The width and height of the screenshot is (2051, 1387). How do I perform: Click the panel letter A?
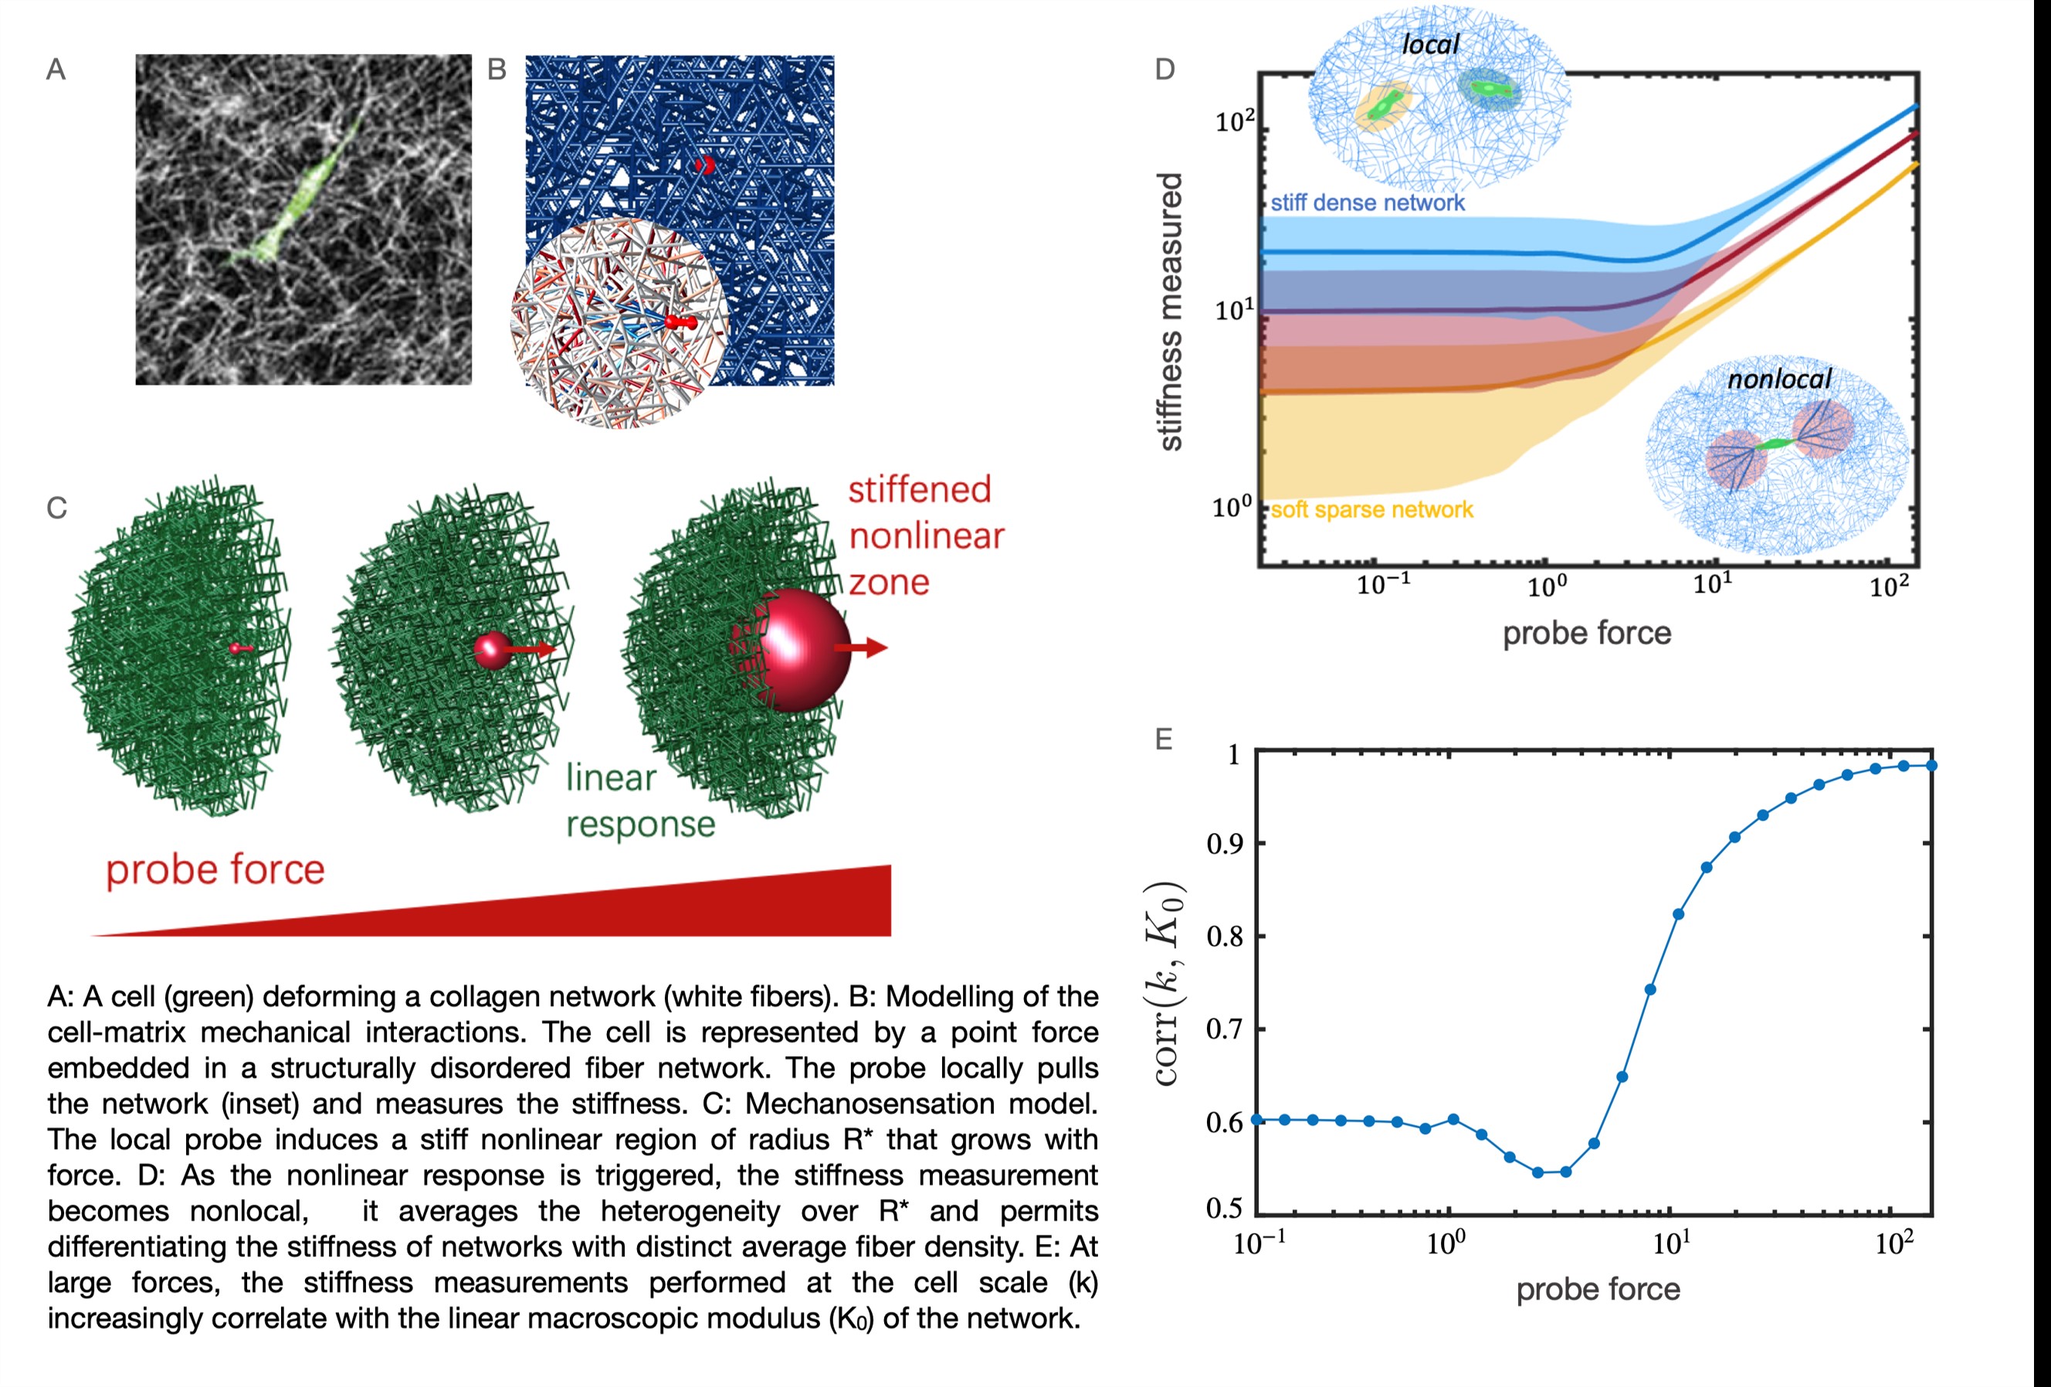pos(56,69)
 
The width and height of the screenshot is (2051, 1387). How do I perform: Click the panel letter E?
pos(1163,739)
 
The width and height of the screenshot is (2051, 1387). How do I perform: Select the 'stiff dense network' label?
pos(1367,203)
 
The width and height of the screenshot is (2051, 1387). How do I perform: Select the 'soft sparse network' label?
pos(1371,509)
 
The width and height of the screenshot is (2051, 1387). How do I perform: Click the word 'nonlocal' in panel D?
pos(1779,379)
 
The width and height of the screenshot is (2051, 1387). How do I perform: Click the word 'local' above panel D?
pos(1431,44)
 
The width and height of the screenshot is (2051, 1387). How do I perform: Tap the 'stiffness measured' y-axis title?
pos(1169,311)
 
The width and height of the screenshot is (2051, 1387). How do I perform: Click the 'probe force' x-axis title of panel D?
pos(1587,633)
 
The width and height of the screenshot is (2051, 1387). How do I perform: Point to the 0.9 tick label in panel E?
pos(1224,844)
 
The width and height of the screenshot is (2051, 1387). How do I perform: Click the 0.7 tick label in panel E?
pos(1224,1029)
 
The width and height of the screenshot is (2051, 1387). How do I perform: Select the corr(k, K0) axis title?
pos(1168,983)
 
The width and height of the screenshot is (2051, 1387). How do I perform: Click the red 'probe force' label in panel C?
pos(215,869)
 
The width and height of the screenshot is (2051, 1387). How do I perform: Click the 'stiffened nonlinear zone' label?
pos(925,536)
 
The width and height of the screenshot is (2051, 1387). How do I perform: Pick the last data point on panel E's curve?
pos(1932,766)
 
